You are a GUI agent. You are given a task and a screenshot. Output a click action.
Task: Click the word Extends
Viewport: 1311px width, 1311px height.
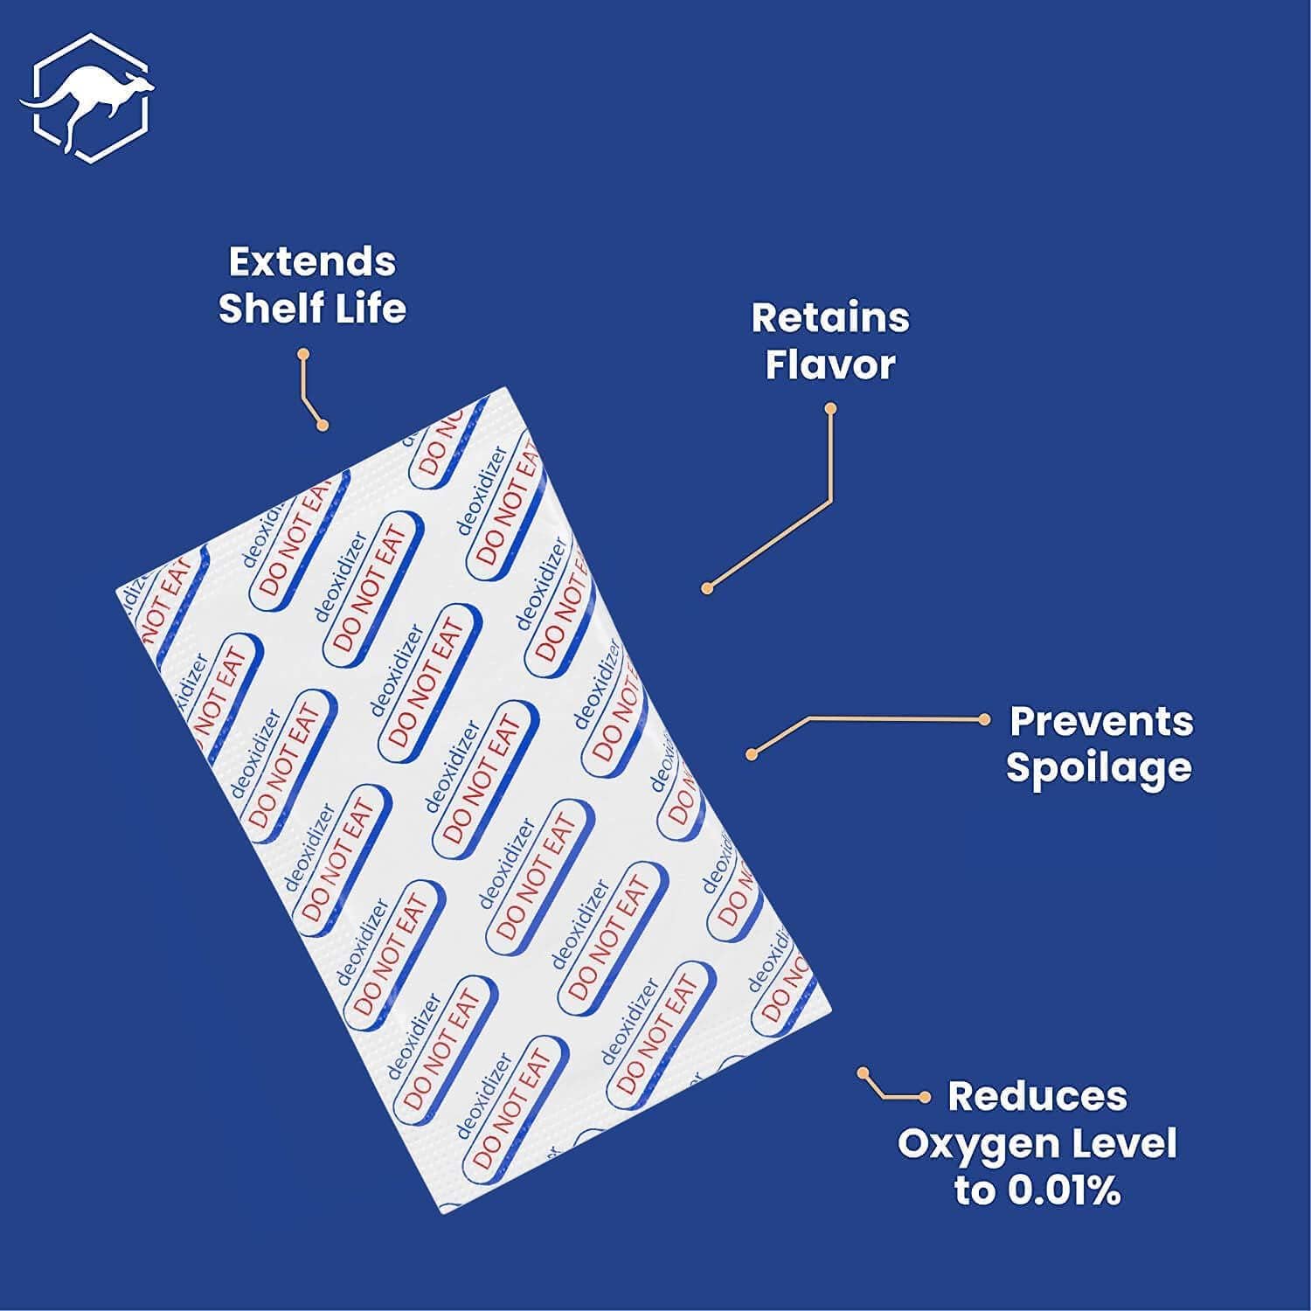tap(312, 261)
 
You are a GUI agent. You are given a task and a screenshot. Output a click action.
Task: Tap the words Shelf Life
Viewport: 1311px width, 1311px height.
tap(312, 308)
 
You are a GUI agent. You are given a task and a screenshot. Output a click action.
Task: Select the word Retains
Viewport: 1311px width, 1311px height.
tap(830, 318)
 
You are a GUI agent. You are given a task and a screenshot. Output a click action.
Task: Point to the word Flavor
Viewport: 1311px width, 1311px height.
tap(830, 364)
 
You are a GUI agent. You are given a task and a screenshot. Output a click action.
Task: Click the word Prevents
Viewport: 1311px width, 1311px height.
tap(1100, 721)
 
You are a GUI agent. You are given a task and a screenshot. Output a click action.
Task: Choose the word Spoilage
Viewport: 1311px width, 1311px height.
tap(1099, 767)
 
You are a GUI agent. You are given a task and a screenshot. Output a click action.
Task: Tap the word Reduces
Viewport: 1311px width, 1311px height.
tap(1037, 1096)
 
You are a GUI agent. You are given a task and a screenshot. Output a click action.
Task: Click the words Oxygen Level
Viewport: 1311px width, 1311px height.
tap(1037, 1143)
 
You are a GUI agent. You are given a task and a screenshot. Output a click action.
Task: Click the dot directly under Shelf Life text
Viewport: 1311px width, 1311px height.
tap(303, 355)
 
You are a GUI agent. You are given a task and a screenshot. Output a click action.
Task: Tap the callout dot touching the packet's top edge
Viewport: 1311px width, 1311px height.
tap(323, 426)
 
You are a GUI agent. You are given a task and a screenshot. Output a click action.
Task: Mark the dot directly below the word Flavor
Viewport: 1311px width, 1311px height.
tap(830, 408)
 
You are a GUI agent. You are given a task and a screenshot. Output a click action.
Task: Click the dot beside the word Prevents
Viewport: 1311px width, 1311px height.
tap(984, 719)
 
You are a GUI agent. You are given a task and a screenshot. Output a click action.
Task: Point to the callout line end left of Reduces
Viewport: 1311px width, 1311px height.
tap(925, 1097)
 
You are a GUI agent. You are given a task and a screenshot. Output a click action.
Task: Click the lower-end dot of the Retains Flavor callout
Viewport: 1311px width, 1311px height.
tap(707, 589)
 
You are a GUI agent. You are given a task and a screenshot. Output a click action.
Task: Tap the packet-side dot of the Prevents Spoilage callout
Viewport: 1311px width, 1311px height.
tap(751, 754)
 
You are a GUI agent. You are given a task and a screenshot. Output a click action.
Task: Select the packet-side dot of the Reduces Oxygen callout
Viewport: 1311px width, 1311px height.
tap(863, 1072)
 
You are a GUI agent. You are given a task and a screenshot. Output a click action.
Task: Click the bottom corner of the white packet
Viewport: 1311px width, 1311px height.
tap(444, 1212)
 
